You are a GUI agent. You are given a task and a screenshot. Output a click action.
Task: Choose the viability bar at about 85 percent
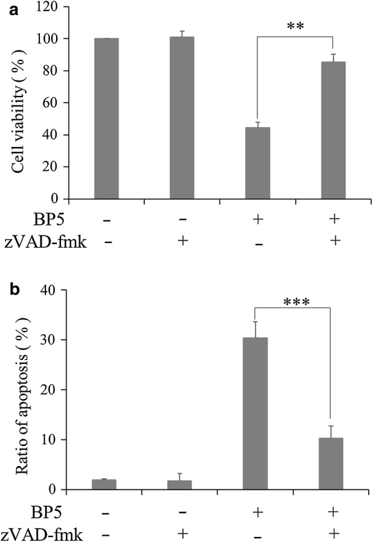332,130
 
